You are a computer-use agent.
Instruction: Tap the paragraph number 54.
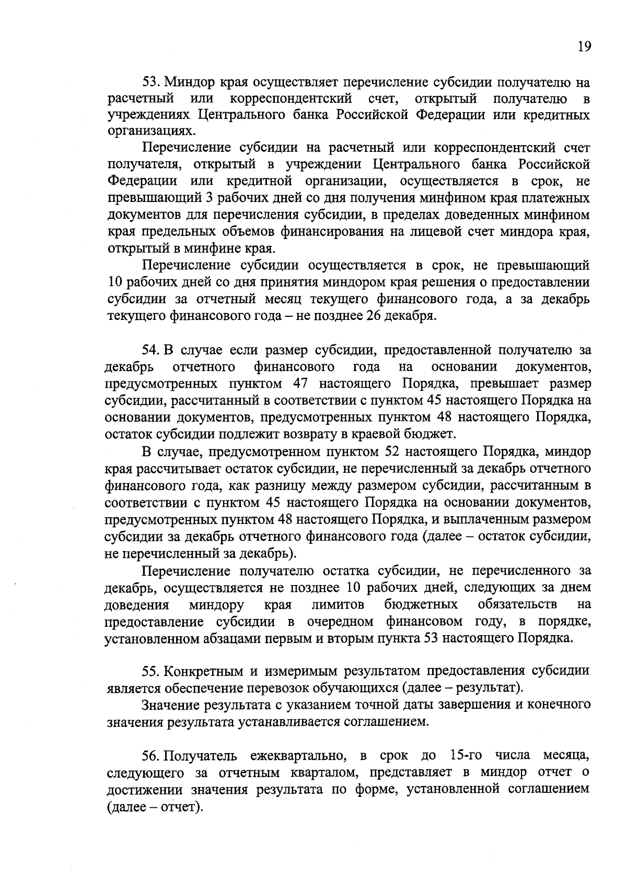[x=152, y=349]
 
